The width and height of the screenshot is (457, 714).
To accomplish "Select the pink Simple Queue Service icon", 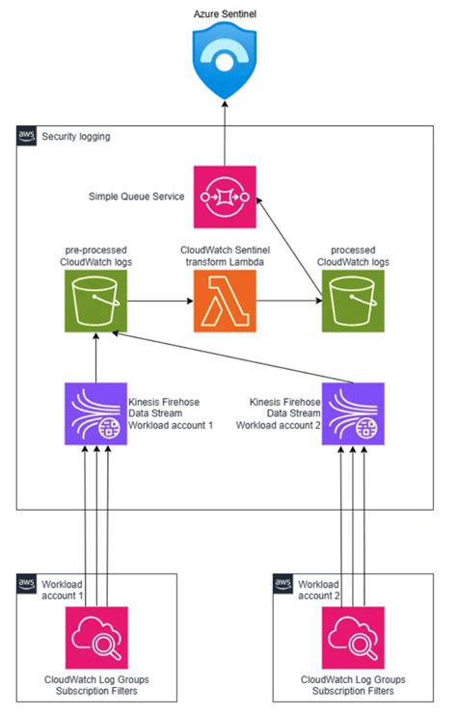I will coord(225,197).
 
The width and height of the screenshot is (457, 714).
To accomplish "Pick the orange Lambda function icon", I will coord(225,301).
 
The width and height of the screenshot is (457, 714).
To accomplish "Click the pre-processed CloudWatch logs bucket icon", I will coord(96,301).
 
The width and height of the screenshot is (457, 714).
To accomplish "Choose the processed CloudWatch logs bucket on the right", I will coord(353,301).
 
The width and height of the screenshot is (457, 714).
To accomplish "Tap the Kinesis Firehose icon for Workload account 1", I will coord(96,413).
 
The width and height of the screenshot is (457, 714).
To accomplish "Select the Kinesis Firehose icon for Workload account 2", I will coord(353,413).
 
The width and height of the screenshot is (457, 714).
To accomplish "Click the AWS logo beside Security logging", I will coord(27,137).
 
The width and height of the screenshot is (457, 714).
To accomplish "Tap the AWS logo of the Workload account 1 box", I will coord(27,584).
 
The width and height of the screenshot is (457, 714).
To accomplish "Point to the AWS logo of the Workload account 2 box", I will coord(283,584).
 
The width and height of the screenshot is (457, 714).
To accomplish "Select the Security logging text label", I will coord(76,137).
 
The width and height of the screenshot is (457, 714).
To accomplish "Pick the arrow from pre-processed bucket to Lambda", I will coord(160,301).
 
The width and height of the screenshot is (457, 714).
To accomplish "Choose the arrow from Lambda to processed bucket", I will coord(289,301).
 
